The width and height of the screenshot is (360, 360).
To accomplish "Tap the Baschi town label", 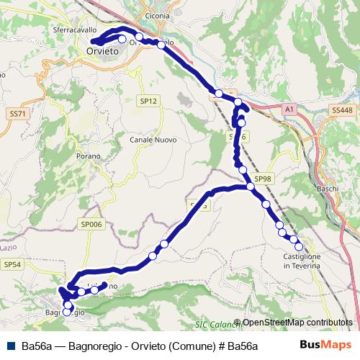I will tap(328, 189).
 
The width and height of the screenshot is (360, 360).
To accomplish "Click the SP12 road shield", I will tap(148, 102).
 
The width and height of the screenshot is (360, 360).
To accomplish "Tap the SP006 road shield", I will tap(92, 225).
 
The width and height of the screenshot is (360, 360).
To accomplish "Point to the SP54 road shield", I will tap(12, 265).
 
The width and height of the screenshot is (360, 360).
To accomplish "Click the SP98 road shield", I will tap(264, 179).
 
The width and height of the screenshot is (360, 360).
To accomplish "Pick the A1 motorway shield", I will tap(289, 109).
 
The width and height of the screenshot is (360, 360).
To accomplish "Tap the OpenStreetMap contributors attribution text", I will tap(297, 323).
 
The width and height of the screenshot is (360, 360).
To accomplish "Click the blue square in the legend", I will tap(9, 346).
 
